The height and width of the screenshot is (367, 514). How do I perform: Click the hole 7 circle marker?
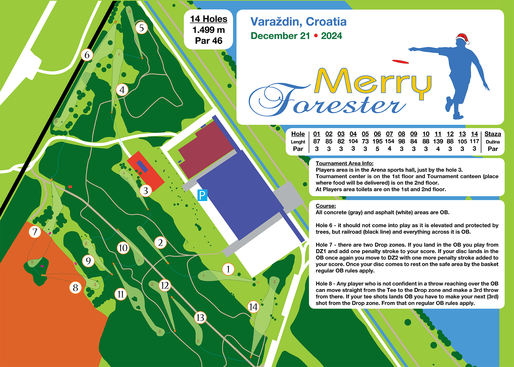click(x=35, y=232)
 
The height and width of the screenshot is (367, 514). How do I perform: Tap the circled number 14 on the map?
click(x=253, y=307)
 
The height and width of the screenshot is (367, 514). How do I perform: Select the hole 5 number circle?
click(x=141, y=28)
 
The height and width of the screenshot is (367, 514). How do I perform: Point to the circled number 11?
click(x=121, y=294)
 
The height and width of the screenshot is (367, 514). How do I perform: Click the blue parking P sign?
click(x=202, y=195)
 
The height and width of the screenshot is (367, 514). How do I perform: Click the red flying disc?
click(x=400, y=62)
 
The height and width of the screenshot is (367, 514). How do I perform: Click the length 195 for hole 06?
click(x=377, y=141)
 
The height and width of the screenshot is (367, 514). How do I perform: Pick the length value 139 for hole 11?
click(x=438, y=141)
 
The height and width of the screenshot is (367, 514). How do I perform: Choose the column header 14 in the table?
click(x=474, y=134)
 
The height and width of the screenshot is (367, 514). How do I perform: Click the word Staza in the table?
click(x=493, y=134)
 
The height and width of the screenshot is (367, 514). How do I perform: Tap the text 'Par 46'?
click(x=209, y=41)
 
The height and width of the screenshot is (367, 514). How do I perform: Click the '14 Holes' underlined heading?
click(x=209, y=19)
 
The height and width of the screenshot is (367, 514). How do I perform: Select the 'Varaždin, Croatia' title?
click(x=298, y=22)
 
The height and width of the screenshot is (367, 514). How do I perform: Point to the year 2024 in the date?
click(x=332, y=36)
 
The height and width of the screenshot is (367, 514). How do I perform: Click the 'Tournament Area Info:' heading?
click(x=344, y=163)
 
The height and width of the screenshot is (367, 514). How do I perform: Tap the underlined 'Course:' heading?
click(x=326, y=206)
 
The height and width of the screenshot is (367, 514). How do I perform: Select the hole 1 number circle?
click(x=228, y=269)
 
